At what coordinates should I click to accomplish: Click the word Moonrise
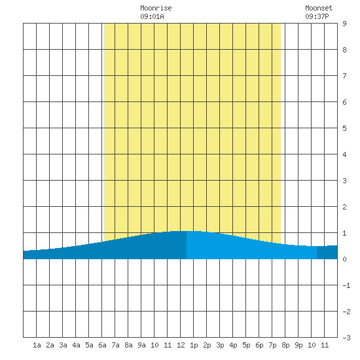(156, 8)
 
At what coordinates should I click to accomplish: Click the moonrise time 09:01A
(153, 16)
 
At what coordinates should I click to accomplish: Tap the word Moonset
(319, 8)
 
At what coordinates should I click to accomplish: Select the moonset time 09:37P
(317, 16)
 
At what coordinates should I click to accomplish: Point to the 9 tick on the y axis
(344, 24)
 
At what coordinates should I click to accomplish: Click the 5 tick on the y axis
(344, 128)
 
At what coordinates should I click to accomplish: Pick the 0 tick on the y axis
(344, 259)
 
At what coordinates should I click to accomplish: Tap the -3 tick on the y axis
(346, 338)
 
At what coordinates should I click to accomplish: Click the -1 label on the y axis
(346, 285)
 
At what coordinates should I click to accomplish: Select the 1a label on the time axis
(37, 345)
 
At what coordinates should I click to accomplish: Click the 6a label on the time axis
(102, 345)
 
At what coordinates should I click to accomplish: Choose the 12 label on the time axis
(181, 345)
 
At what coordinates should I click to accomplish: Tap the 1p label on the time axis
(194, 345)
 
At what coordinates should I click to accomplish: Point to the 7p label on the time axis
(272, 345)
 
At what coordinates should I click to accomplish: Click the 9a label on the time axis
(141, 345)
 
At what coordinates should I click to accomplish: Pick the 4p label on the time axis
(233, 345)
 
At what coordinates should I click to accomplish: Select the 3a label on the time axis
(63, 345)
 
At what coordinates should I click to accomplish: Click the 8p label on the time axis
(285, 345)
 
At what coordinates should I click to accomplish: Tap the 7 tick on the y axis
(344, 76)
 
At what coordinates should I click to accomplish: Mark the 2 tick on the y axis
(344, 207)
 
